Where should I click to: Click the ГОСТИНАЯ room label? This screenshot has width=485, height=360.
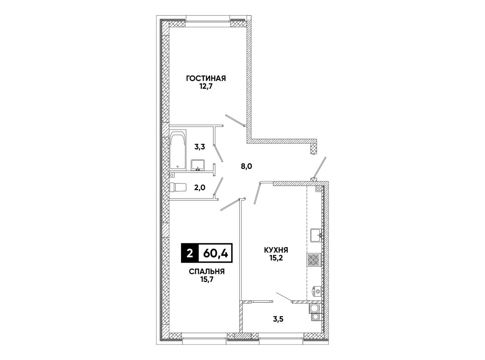point(206,78)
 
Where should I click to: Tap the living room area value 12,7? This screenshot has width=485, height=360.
point(206,87)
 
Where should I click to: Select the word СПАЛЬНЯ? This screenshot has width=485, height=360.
point(207,272)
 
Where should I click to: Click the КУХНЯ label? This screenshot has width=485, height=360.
point(276,250)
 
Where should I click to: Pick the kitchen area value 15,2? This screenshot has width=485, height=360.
point(276,258)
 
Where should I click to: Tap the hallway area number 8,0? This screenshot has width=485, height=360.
point(246,167)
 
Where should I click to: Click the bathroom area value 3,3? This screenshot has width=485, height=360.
point(200,147)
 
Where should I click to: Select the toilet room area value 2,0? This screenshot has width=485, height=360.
point(199,188)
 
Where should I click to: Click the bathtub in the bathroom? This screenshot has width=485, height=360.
point(178,150)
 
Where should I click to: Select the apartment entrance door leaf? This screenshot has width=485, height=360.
point(319,168)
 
